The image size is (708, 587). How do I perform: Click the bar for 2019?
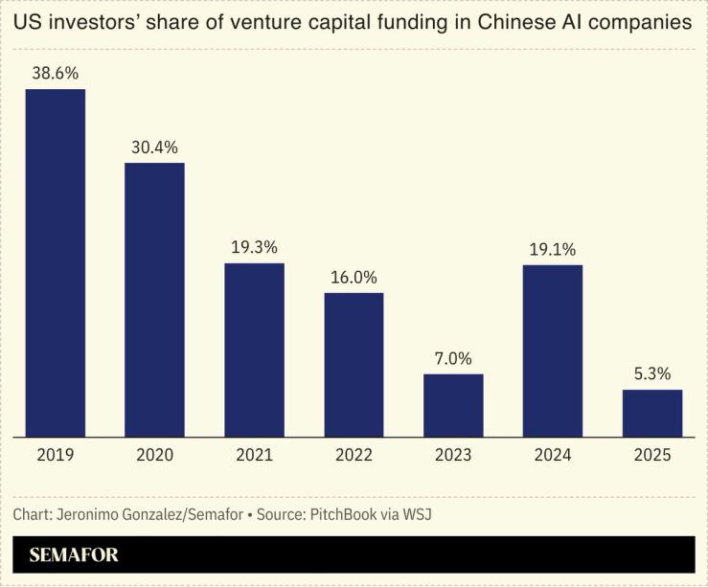coord(56,262)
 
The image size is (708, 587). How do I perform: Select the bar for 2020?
coord(154,300)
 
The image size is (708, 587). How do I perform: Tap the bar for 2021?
coord(254,350)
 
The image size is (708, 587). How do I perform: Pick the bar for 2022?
coord(354,365)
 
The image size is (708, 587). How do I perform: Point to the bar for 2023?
coord(453,405)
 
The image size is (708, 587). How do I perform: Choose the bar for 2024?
coord(553,350)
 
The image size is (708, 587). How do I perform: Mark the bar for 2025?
coord(652,413)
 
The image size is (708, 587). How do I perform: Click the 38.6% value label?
coord(56,73)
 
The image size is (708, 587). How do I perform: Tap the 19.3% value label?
coord(254,247)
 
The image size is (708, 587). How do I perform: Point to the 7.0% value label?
coord(453,358)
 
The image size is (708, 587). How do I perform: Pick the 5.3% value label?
coord(652,373)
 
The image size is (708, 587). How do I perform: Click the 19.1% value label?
coord(553,249)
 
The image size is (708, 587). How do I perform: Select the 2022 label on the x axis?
coord(354,455)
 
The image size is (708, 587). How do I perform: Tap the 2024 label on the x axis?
coord(553,455)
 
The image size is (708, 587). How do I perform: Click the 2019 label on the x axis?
coord(56,455)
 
